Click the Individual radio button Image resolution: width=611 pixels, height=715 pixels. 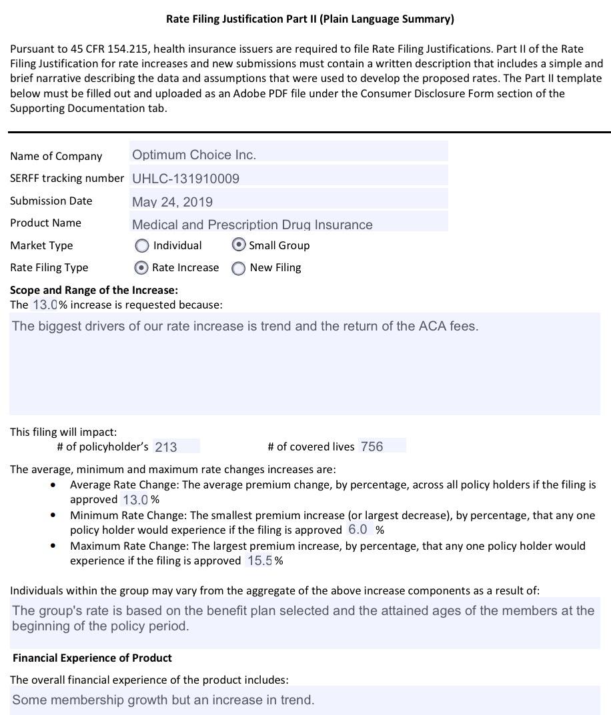(x=142, y=246)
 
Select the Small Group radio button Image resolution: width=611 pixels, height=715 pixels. (x=239, y=245)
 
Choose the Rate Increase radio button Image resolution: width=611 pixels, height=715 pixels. (x=141, y=268)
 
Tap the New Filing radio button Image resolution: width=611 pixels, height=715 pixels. (x=238, y=269)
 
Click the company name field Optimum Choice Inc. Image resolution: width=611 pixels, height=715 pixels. (x=193, y=155)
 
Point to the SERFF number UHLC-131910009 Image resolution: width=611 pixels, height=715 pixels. (x=185, y=179)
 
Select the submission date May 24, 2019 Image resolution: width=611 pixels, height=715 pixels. (x=172, y=202)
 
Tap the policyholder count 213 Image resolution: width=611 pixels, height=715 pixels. (x=166, y=447)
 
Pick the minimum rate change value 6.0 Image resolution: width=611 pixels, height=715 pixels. (x=358, y=530)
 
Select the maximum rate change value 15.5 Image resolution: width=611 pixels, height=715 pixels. (x=259, y=561)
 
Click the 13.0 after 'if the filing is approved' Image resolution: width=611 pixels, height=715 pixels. (x=135, y=500)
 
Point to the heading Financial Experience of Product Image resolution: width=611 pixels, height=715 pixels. (x=92, y=658)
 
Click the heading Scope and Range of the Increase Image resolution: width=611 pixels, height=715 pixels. (x=94, y=291)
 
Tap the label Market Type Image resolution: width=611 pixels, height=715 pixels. (x=41, y=246)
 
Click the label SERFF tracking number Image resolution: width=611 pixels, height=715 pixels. (x=67, y=179)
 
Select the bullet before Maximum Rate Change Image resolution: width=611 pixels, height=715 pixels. (x=53, y=546)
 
